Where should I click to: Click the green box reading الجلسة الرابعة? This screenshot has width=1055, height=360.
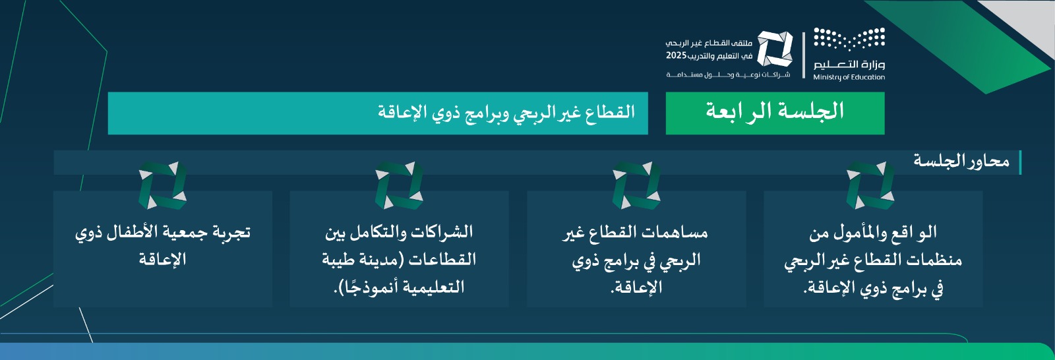775,113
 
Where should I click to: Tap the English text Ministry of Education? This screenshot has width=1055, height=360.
849,77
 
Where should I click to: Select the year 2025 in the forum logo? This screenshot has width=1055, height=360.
677,55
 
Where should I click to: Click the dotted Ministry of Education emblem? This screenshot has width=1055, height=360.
849,39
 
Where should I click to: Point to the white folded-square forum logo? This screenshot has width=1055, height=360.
775,49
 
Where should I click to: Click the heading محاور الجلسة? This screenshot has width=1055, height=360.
961,161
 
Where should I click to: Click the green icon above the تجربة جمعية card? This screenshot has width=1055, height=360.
162,185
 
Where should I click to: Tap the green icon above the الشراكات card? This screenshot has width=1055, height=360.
399,185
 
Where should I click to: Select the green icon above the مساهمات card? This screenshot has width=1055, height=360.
636,185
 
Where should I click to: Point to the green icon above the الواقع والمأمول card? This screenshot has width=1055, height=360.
870,185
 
